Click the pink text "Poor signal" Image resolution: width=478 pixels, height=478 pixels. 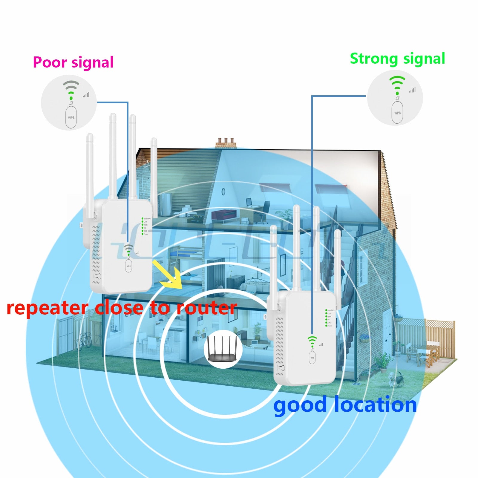(73, 62)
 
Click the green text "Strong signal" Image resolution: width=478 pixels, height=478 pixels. (397, 59)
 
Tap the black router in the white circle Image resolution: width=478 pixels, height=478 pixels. (223, 349)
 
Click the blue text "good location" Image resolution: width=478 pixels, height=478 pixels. (345, 405)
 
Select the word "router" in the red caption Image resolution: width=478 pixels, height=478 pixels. (207, 308)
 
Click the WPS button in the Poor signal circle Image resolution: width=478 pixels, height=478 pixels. (71, 117)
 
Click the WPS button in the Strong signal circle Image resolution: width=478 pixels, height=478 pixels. (397, 113)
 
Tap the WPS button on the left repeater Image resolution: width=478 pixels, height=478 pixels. (128, 266)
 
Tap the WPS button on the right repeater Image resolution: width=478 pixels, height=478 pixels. (312, 358)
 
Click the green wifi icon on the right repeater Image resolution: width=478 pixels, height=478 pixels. (312, 341)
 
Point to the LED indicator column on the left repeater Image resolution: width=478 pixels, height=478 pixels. (143, 226)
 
